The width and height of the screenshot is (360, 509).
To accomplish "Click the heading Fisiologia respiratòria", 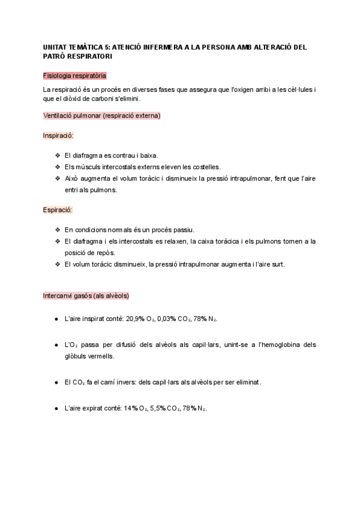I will pyautogui.click(x=75, y=76).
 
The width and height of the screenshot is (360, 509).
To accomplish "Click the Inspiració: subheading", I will pyautogui.click(x=58, y=136).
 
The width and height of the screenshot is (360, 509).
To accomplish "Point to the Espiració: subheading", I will pyautogui.click(x=58, y=210).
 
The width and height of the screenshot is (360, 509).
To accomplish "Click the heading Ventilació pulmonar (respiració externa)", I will pyautogui.click(x=101, y=115).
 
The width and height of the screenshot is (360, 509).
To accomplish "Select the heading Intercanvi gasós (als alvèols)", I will pyautogui.click(x=86, y=296).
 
